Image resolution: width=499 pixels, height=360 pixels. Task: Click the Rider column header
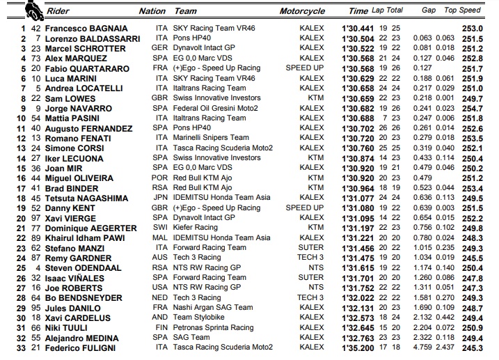[x=60, y=11]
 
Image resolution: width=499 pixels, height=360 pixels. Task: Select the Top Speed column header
[x=463, y=11]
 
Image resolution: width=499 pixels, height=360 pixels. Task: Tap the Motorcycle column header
[x=302, y=11]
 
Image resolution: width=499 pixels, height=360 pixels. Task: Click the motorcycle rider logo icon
[x=30, y=10]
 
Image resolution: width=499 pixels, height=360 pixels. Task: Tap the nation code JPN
[x=161, y=198]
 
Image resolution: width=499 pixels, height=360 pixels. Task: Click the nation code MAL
[x=161, y=237]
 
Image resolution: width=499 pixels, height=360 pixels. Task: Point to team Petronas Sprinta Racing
[x=214, y=327]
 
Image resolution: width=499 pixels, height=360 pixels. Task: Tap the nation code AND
[x=161, y=318]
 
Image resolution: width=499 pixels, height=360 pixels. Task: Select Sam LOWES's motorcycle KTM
[x=316, y=98]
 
